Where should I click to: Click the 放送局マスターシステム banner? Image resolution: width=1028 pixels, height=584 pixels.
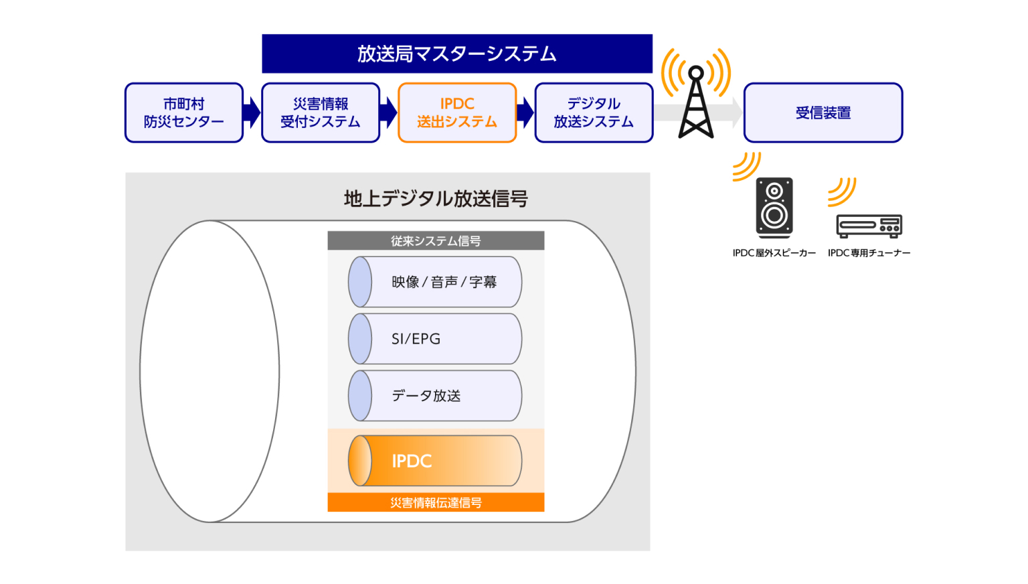tap(457, 54)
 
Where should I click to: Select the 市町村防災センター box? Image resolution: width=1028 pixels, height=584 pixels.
tap(184, 113)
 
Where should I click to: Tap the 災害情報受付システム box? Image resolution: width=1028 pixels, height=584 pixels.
tap(321, 113)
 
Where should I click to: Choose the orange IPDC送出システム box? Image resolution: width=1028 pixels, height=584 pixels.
tap(457, 113)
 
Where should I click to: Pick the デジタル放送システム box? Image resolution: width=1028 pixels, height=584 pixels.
tap(594, 113)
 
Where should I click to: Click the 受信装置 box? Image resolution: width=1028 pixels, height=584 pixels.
tap(823, 113)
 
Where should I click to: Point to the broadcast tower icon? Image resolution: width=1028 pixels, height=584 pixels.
tap(696, 104)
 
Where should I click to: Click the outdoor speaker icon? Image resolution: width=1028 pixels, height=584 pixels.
tap(774, 208)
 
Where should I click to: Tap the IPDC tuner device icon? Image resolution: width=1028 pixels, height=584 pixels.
tap(869, 226)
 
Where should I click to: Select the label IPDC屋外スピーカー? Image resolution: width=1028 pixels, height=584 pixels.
tap(774, 253)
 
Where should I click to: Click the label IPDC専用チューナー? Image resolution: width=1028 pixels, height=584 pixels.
tap(869, 253)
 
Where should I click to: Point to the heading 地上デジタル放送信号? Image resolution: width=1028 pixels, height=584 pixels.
tap(436, 199)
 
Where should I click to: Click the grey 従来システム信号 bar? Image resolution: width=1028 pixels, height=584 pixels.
tap(436, 241)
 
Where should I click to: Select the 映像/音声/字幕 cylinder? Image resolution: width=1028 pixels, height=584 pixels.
tap(435, 282)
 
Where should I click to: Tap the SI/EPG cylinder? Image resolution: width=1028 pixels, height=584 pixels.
tap(435, 339)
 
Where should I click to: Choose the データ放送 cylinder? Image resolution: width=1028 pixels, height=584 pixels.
tap(435, 396)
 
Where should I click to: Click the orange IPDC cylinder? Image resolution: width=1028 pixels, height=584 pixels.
tap(435, 461)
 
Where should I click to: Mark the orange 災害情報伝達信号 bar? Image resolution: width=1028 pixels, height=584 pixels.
tap(436, 502)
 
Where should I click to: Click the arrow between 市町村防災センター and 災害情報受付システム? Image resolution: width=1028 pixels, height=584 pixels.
tap(252, 113)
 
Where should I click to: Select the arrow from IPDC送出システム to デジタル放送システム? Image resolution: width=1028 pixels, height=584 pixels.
tap(526, 113)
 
